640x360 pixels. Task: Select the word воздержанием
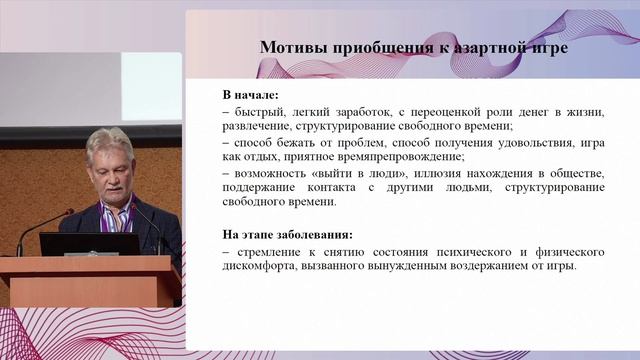[x=480, y=266]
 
